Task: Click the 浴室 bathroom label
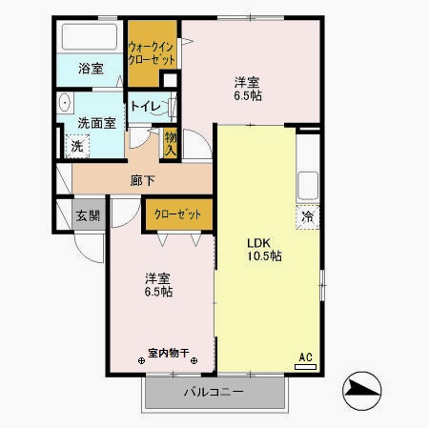(91, 70)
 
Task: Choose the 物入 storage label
(171, 142)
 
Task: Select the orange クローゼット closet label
(178, 215)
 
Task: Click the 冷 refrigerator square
(307, 216)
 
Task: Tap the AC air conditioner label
(306, 358)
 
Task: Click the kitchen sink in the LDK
(309, 182)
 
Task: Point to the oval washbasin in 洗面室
(66, 102)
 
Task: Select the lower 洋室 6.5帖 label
(158, 285)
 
